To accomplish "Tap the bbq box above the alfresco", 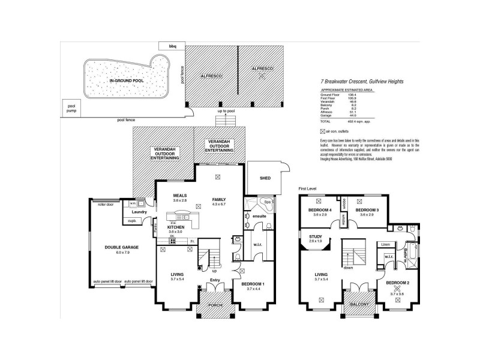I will point(172,46).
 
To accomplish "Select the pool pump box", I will point(73,107).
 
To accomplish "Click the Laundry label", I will point(139,211).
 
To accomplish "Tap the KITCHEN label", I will point(176,227).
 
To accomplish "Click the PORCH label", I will point(214,305).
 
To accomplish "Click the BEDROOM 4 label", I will point(319,210).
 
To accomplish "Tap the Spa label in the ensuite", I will point(268,202).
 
